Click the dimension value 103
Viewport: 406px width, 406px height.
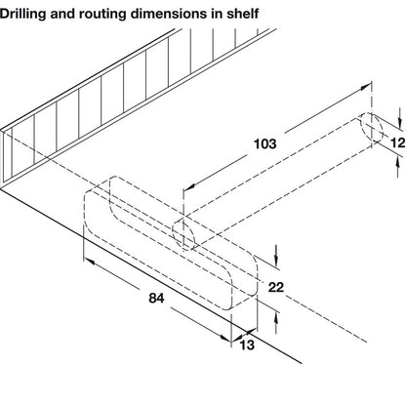click(x=264, y=143)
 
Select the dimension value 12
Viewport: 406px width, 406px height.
click(x=396, y=143)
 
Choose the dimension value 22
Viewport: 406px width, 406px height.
click(x=274, y=287)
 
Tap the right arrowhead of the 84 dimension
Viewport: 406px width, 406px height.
click(x=231, y=338)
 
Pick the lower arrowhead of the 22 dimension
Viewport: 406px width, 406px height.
click(x=279, y=314)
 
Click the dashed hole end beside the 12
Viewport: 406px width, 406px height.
click(x=371, y=133)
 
